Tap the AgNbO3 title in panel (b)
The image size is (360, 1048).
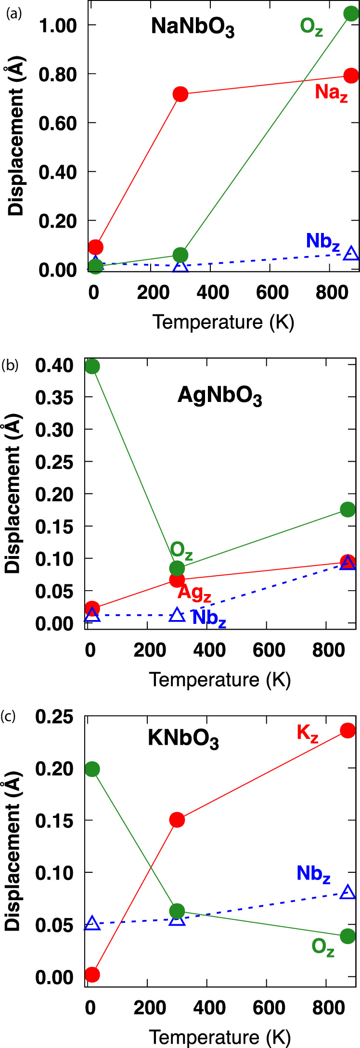(x=219, y=397)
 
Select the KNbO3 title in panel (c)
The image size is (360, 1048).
(x=183, y=740)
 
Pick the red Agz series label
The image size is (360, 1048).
(x=194, y=593)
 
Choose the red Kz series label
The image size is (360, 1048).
(x=307, y=734)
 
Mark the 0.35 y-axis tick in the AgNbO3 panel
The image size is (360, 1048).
(x=55, y=398)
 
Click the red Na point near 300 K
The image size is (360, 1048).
(x=180, y=94)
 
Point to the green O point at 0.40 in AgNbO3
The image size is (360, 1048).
(x=92, y=366)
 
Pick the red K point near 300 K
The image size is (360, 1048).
(x=177, y=820)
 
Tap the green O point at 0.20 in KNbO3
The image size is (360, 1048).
(x=92, y=769)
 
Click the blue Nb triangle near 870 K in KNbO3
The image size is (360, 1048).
(x=347, y=892)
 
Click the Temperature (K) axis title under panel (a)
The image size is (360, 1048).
(x=223, y=322)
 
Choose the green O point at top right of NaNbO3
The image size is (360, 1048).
(x=351, y=13)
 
